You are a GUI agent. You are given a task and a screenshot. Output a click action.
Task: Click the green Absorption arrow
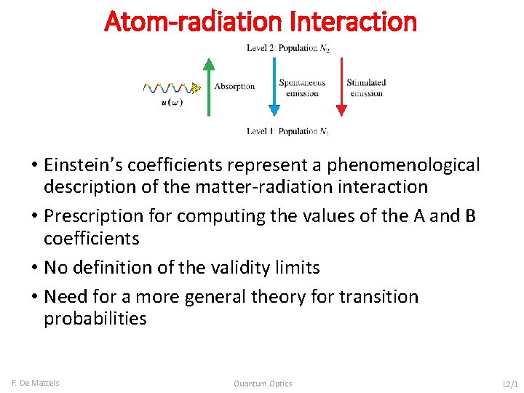(x=208, y=87)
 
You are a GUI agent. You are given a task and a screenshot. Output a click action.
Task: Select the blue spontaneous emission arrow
(x=274, y=87)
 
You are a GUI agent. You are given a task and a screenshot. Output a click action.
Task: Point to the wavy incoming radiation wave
(x=172, y=88)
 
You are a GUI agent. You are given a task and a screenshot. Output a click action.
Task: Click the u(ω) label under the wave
(x=171, y=103)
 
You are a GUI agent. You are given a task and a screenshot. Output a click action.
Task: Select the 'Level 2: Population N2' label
(x=287, y=48)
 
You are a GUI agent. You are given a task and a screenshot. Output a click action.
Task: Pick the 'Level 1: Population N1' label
(x=287, y=131)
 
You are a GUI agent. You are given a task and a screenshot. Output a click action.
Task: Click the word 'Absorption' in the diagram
(x=234, y=86)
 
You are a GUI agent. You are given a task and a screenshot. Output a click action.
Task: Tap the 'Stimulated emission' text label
(x=366, y=88)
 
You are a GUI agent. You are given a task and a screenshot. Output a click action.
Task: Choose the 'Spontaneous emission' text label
(x=302, y=88)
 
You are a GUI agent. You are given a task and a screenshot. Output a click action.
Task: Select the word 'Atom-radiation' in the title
(x=194, y=21)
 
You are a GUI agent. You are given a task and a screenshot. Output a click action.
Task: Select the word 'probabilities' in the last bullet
(x=95, y=319)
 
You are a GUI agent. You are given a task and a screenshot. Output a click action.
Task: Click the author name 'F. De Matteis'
(x=36, y=383)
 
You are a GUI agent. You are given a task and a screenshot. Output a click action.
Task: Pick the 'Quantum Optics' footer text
(x=263, y=384)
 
